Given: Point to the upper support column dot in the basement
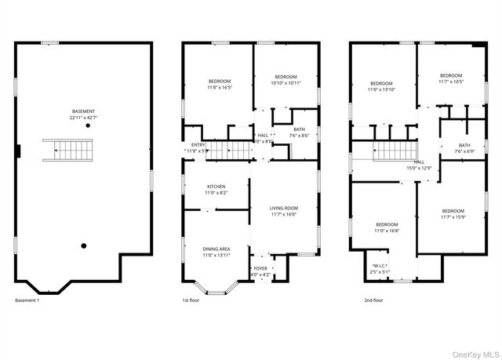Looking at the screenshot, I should click(89, 125).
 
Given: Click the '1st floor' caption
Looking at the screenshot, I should click(191, 300).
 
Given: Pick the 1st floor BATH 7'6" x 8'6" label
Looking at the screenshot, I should click(299, 133).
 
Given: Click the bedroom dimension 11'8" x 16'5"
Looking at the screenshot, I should click(220, 86).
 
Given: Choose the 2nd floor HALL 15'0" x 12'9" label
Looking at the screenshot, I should click(419, 165).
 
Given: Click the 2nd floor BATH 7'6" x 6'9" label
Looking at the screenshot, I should click(464, 148).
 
